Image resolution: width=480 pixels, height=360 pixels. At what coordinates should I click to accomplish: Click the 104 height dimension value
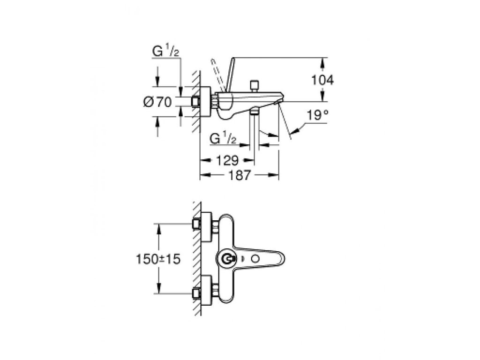tap(322, 80)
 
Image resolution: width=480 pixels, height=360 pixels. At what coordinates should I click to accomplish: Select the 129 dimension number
tap(227, 161)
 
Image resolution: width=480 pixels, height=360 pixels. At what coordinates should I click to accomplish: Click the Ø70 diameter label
tap(157, 102)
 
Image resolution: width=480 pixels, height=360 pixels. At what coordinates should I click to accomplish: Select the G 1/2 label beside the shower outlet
tap(223, 139)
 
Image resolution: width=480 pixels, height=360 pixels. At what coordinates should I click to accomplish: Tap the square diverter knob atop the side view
tap(255, 85)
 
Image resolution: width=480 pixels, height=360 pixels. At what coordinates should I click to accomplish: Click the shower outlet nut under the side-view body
tap(254, 112)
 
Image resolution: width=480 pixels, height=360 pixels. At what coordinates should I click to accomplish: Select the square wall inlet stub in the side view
tap(196, 101)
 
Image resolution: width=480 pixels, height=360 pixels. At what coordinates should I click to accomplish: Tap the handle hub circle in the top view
tap(228, 259)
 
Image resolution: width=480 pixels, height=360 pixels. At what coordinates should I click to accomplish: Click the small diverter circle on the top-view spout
tap(255, 259)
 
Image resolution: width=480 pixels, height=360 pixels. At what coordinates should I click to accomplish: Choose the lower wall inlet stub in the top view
tap(196, 294)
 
